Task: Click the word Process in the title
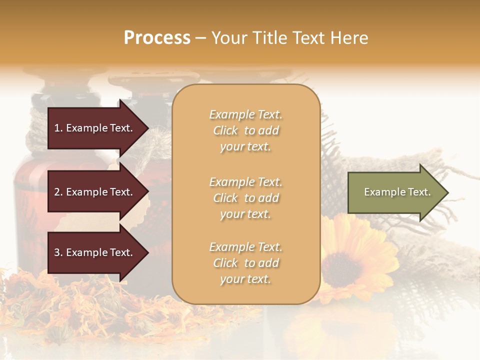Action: pyautogui.click(x=157, y=38)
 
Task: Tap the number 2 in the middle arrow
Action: pyautogui.click(x=57, y=192)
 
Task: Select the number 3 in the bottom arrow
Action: pyautogui.click(x=57, y=253)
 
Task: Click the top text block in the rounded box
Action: pyautogui.click(x=245, y=130)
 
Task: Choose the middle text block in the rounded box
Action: pyautogui.click(x=245, y=198)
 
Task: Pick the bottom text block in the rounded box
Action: pyautogui.click(x=245, y=263)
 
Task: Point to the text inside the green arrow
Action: pyautogui.click(x=397, y=192)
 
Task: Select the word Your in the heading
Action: pyautogui.click(x=229, y=38)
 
